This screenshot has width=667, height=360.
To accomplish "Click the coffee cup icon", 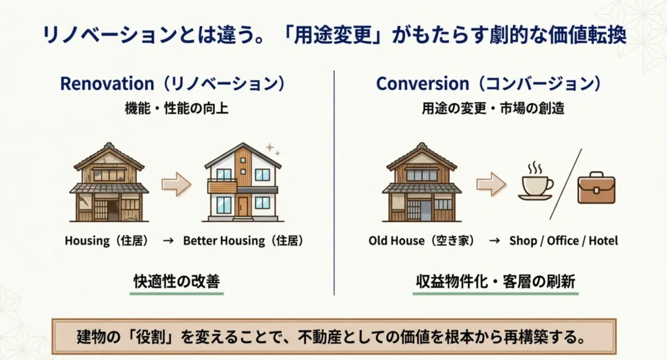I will (535, 183).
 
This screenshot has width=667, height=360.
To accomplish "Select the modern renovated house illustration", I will (243, 184).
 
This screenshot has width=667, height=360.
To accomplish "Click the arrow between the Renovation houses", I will (176, 185).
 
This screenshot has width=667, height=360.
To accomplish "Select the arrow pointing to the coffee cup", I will (491, 185).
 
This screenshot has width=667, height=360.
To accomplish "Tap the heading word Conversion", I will (422, 84).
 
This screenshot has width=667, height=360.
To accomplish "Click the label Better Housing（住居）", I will (243, 241).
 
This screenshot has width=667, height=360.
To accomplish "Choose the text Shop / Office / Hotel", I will (564, 241).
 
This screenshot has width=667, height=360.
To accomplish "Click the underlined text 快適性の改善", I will (177, 282).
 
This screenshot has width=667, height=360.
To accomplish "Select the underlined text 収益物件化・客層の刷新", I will (496, 282).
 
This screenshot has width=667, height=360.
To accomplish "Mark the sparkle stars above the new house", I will (272, 149).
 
